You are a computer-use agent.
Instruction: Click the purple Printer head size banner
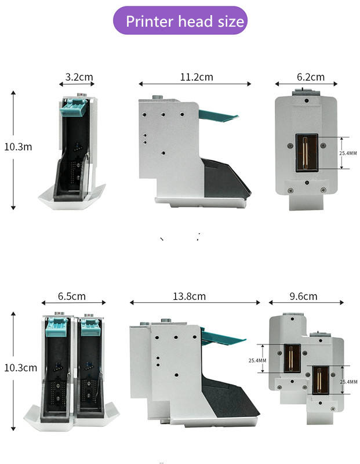(180, 21)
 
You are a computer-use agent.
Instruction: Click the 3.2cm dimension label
(79, 77)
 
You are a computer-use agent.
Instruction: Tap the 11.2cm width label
(196, 77)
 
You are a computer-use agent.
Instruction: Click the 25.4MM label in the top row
(348, 153)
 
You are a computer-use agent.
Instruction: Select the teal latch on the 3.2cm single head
(76, 106)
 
